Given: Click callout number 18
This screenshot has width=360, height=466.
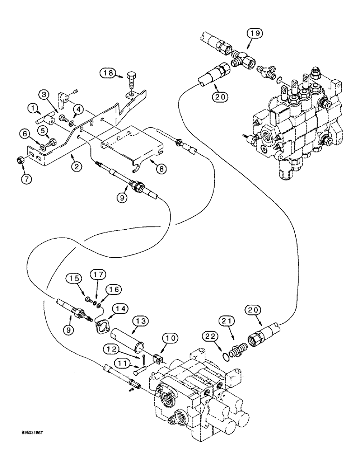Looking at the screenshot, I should (x=108, y=74).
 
